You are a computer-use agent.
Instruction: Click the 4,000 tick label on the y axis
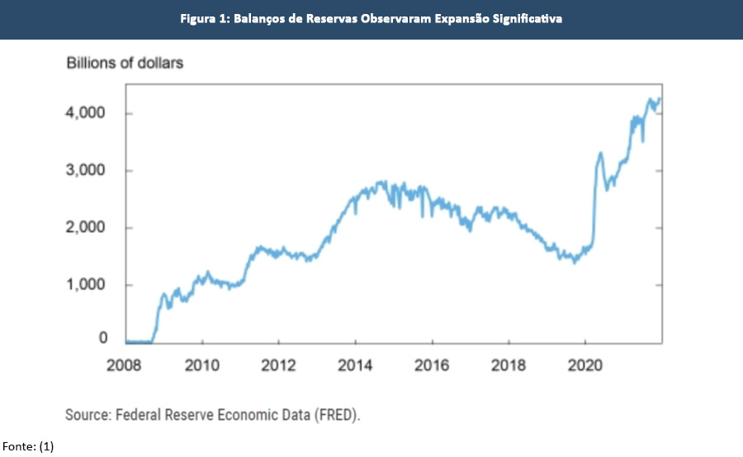point(85,113)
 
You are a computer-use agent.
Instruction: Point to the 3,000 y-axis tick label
point(85,171)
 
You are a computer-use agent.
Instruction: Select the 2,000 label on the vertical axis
point(85,228)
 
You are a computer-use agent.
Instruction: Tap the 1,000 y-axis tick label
point(85,285)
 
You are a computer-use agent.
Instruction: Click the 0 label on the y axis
point(103,338)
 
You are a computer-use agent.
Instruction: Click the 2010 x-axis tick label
point(202,365)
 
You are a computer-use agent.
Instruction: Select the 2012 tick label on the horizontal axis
point(279,365)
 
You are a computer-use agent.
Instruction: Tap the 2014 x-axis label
point(355,365)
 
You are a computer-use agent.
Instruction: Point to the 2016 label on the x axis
point(432,365)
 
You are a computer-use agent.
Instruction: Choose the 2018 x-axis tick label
point(509,365)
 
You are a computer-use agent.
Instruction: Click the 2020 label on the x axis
point(584,365)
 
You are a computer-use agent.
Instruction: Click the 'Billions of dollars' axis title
point(124,64)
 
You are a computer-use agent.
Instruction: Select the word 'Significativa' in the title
point(526,18)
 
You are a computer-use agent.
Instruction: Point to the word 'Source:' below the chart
point(89,414)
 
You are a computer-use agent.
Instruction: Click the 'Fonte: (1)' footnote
point(27,446)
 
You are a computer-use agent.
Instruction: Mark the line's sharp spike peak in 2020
point(599,153)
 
